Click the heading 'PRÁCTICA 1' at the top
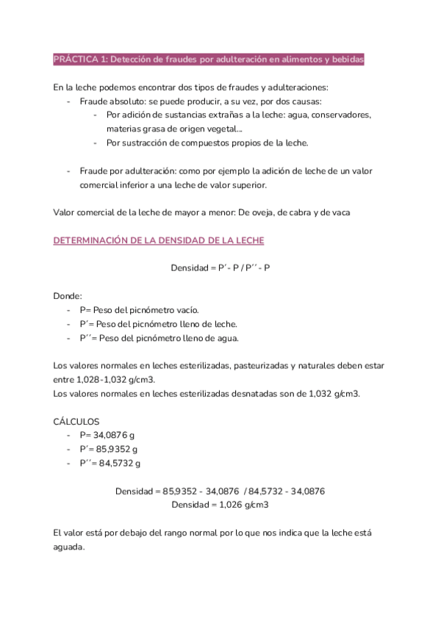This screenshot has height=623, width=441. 80,59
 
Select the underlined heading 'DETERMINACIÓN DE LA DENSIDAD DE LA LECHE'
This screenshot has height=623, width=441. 159,240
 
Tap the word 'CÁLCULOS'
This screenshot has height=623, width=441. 77,421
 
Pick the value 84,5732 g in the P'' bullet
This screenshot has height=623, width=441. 117,463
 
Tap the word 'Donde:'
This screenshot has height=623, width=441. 68,295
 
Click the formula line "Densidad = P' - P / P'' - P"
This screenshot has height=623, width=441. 220,268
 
